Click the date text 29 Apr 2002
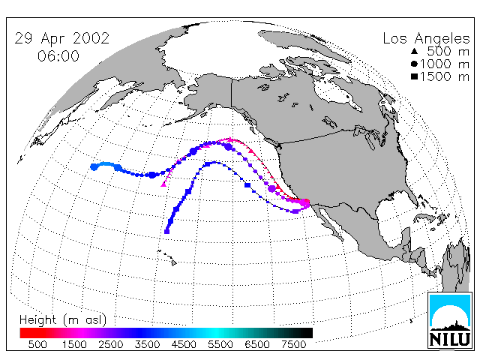(x=61, y=38)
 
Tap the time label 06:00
(x=58, y=56)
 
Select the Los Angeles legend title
(x=426, y=39)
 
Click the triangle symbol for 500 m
(x=415, y=51)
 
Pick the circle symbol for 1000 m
(x=415, y=64)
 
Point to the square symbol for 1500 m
(x=415, y=76)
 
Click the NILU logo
(x=450, y=320)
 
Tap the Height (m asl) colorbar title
(x=63, y=320)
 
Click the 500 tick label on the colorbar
(x=37, y=344)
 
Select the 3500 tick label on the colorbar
(x=147, y=344)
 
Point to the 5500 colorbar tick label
(x=220, y=344)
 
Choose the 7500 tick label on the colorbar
(x=293, y=344)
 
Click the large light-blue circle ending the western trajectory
(x=94, y=166)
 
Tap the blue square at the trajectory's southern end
(x=166, y=232)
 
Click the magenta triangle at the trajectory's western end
(x=163, y=184)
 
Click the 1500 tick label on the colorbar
(x=74, y=344)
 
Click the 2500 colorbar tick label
(x=111, y=344)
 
